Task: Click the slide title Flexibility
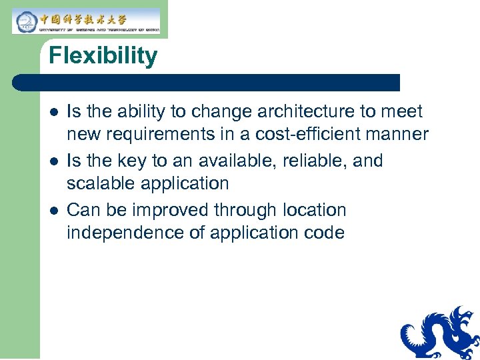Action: tap(103, 56)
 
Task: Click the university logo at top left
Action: tap(86, 21)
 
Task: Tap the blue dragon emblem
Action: tap(440, 333)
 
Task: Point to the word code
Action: tap(323, 233)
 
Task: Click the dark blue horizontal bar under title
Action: tap(207, 83)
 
